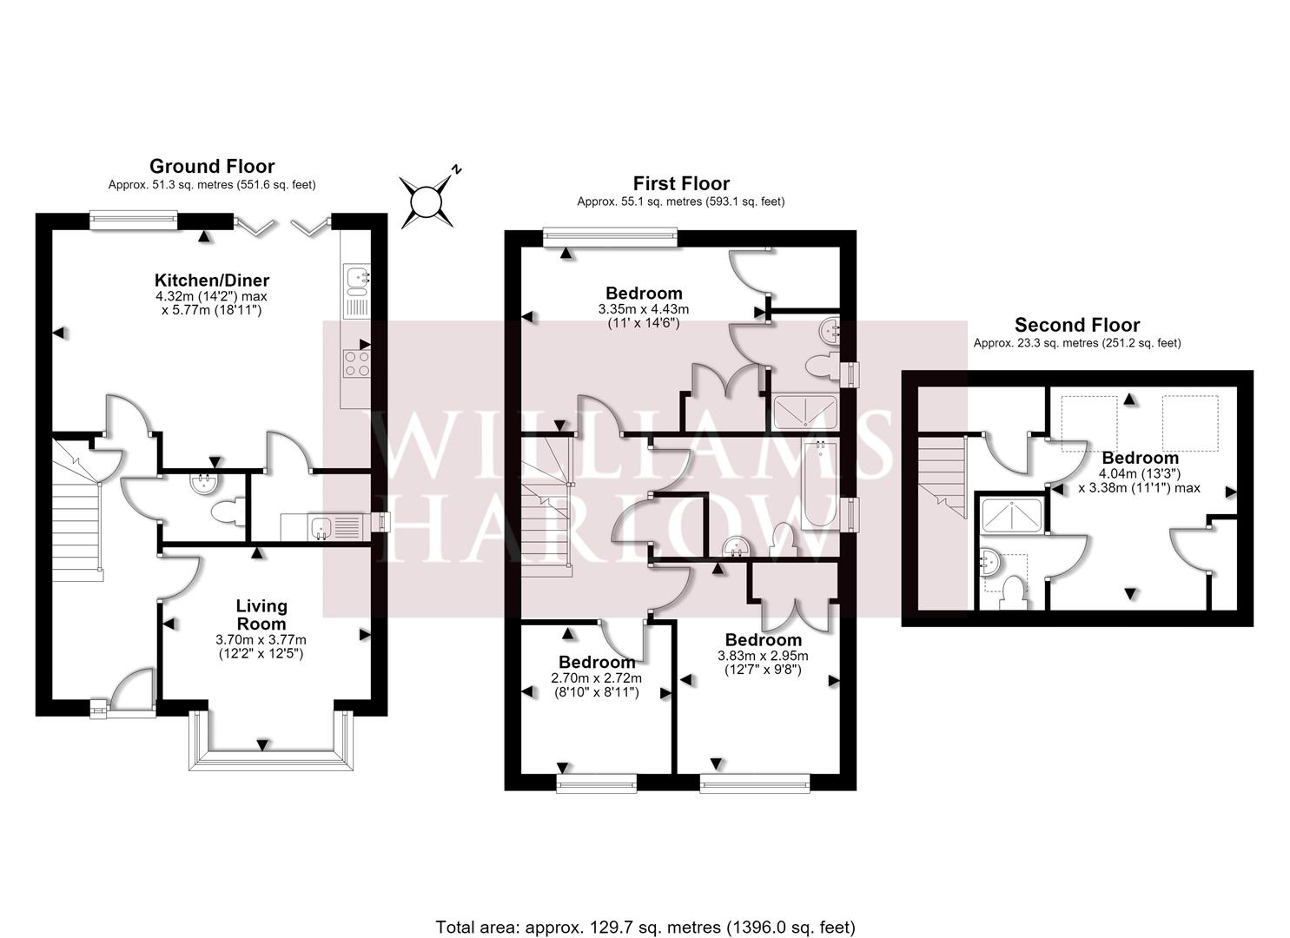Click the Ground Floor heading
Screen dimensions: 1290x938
[x=212, y=167]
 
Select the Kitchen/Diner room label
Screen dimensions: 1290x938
[x=212, y=281]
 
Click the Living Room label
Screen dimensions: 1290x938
[x=261, y=614]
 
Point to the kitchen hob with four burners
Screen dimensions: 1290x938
[x=356, y=363]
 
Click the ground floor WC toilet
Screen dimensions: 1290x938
[x=228, y=512]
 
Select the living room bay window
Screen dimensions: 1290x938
[x=271, y=743]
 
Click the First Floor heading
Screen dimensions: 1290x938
[x=681, y=183]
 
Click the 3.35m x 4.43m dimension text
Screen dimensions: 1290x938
[x=644, y=309]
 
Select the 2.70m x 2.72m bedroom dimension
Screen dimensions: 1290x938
[x=597, y=678]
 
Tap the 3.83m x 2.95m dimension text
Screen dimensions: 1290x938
[x=763, y=656]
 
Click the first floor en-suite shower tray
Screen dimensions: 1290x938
[x=805, y=413]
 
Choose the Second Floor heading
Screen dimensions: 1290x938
[x=1077, y=326]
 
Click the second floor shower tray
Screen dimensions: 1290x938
[x=1012, y=515]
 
